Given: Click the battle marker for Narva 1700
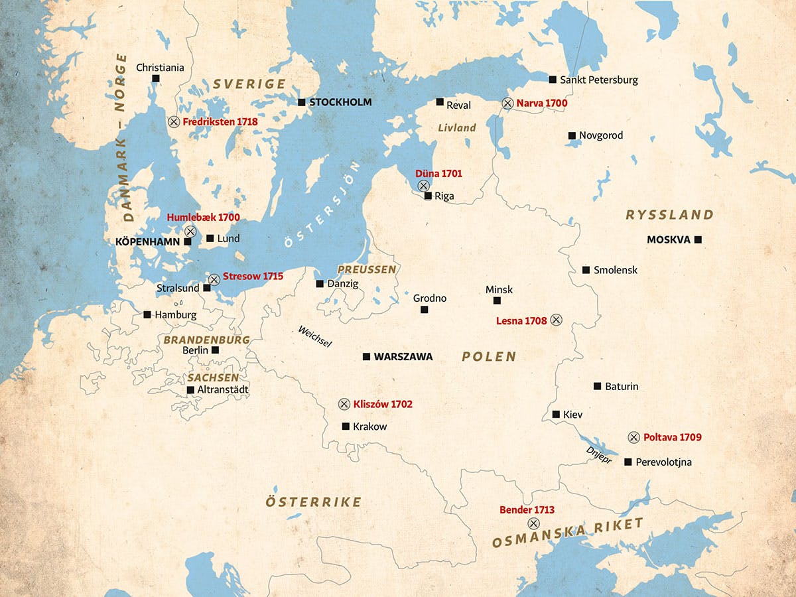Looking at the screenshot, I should (507, 103).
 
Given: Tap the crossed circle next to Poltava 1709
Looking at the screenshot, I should (633, 437).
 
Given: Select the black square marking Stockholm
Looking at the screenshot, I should (301, 102).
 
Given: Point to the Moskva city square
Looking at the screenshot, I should (697, 239).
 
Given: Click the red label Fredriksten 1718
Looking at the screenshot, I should (220, 122).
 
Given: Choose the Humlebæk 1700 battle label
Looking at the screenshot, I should (203, 217).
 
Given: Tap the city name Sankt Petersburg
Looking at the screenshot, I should (598, 80).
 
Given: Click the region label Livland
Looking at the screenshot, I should (456, 127).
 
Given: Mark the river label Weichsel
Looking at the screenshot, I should (314, 336).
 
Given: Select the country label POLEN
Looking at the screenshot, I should (489, 357).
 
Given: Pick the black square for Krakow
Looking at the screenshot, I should (346, 427).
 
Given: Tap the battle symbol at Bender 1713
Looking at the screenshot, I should (533, 523).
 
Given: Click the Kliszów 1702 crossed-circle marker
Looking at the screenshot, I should (344, 404).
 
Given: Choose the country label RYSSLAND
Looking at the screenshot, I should (670, 215).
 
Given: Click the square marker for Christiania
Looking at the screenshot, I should (156, 78).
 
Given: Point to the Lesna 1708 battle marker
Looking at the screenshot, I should (556, 320).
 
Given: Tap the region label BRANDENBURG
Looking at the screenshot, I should (206, 340).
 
